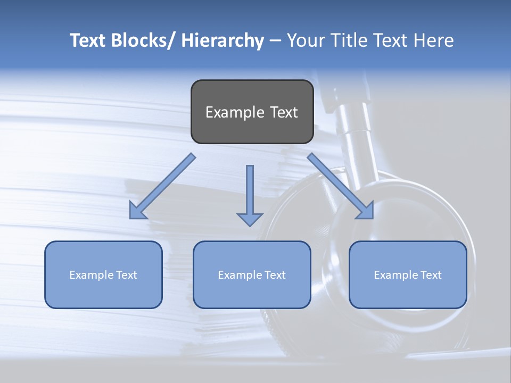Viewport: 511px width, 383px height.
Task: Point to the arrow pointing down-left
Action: coord(162,186)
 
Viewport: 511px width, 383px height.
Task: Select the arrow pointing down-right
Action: coord(341,186)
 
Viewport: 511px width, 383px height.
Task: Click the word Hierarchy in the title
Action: coord(222,40)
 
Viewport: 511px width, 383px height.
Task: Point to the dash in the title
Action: coord(275,41)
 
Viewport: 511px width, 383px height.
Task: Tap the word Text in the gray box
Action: coord(283,112)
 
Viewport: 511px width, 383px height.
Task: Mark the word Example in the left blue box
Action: coord(91,275)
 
